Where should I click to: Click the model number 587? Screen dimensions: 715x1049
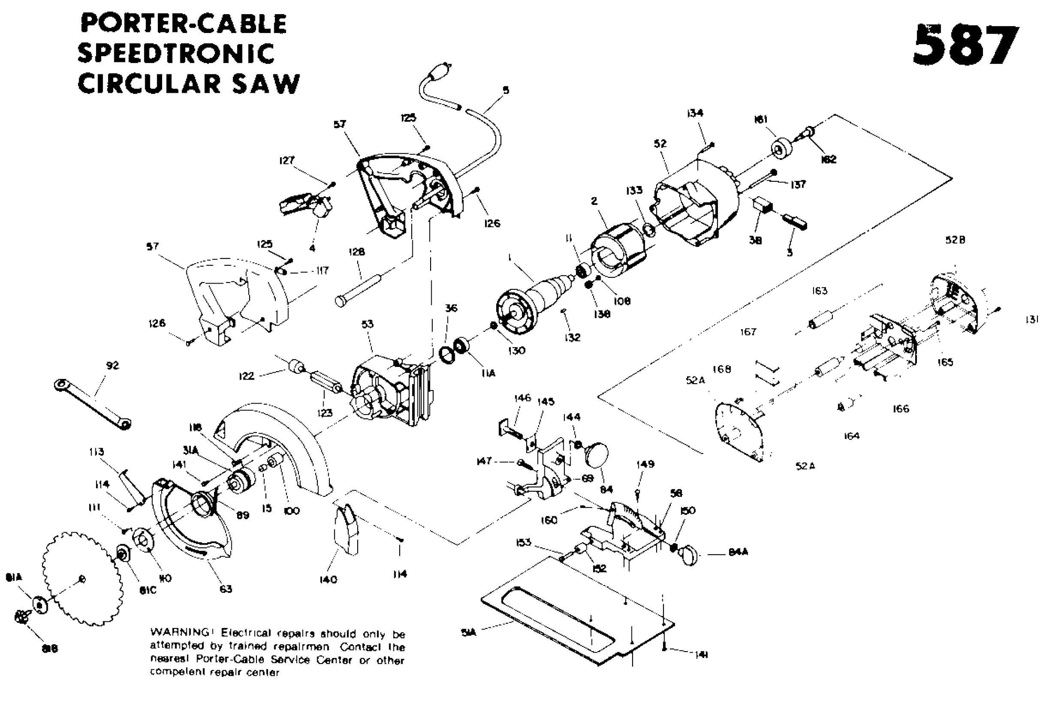point(965,46)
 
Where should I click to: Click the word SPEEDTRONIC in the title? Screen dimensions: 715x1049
point(176,53)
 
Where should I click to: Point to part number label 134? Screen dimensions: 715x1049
point(694,113)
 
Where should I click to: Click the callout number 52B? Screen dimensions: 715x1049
point(955,240)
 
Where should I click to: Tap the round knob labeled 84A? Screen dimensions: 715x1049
point(689,555)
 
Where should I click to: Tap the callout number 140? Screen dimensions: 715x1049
point(328,579)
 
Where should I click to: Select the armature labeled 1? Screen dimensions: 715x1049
point(530,304)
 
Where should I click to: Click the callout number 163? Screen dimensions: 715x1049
point(820,291)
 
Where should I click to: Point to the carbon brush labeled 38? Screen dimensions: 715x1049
point(761,205)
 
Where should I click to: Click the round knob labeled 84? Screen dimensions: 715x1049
point(597,454)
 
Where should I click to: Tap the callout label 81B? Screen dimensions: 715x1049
point(50,648)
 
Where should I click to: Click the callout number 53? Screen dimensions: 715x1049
point(368,324)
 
